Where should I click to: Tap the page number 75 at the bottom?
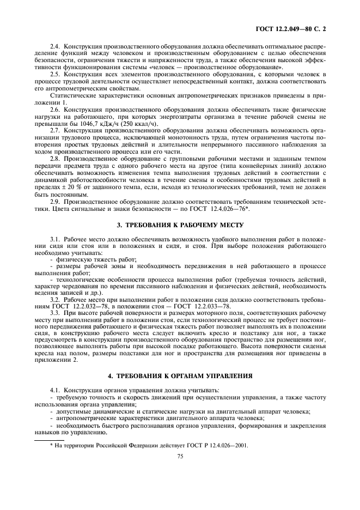point(179,457)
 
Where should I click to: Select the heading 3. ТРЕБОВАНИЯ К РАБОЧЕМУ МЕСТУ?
point(179,224)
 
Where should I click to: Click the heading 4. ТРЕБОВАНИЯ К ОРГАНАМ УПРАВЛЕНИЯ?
point(179,376)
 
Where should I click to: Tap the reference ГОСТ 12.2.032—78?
point(71,307)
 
